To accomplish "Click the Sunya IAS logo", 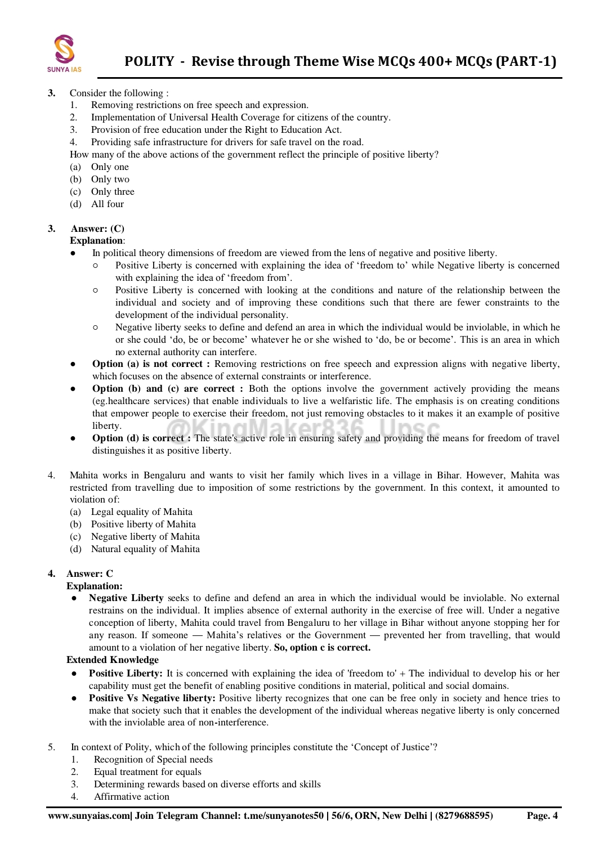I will [64, 53].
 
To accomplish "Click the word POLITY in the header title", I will [149, 61].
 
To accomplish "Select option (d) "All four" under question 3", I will [107, 204].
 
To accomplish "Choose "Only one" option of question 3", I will [110, 167].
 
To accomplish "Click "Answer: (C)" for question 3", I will [97, 228].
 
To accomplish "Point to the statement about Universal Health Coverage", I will [240, 118].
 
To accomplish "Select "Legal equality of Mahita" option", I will [141, 512].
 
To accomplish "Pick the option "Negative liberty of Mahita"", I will [145, 537].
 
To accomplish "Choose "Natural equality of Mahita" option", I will [145, 549].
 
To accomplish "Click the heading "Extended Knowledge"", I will [113, 660].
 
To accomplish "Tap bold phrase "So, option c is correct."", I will [322, 648].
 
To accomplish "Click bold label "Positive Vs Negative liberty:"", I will [152, 698].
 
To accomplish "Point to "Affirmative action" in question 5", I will [131, 797].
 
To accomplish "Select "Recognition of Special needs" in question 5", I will [153, 760].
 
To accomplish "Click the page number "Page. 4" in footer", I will [542, 816].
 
